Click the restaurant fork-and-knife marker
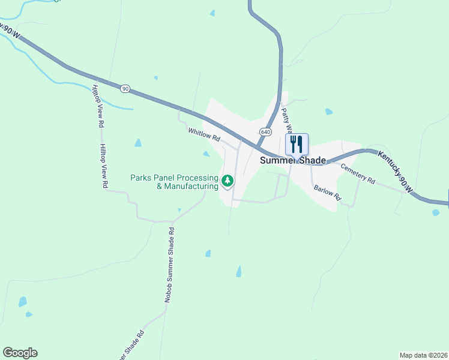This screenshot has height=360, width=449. pyautogui.click(x=296, y=145)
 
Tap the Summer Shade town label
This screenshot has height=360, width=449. pyautogui.click(x=292, y=161)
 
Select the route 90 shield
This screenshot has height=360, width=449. pyautogui.click(x=125, y=88)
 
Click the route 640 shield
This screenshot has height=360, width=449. pyautogui.click(x=265, y=131)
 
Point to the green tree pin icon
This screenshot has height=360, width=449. pyautogui.click(x=228, y=180)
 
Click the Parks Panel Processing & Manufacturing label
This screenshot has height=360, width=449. pyautogui.click(x=174, y=182)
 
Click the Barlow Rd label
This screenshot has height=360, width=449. pyautogui.click(x=327, y=193)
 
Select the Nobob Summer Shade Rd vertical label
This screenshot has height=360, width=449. pyautogui.click(x=169, y=263)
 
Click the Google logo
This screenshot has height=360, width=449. pyautogui.click(x=20, y=353)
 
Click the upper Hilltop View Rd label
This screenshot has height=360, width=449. pyautogui.click(x=98, y=106)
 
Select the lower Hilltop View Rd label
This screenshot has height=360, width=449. pyautogui.click(x=103, y=167)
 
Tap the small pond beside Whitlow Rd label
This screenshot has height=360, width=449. pyautogui.click(x=206, y=154)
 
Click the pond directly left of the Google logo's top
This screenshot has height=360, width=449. pyautogui.click(x=23, y=302)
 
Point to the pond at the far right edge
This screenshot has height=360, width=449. pyautogui.click(x=436, y=212)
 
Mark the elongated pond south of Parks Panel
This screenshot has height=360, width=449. pyautogui.click(x=239, y=271)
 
